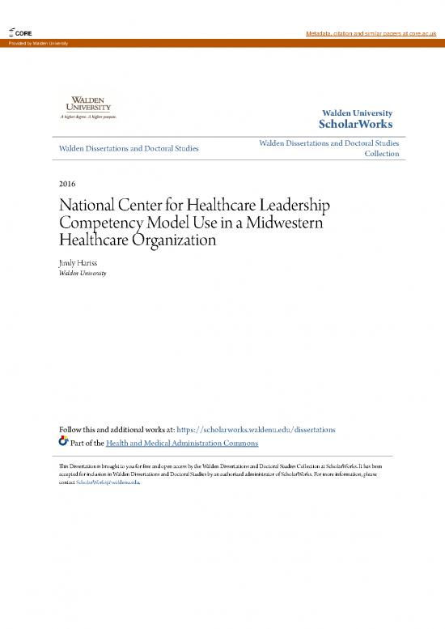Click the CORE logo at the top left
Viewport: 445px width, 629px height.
(19, 32)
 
